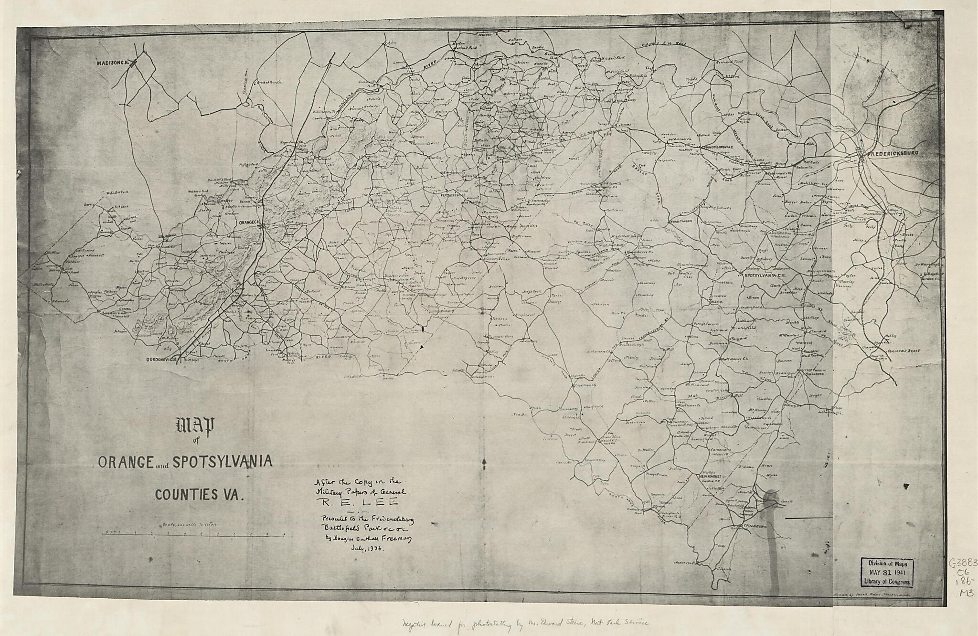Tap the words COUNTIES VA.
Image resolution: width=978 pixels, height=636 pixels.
pyautogui.click(x=199, y=494)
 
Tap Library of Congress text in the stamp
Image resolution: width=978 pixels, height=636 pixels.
pyautogui.click(x=887, y=582)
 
